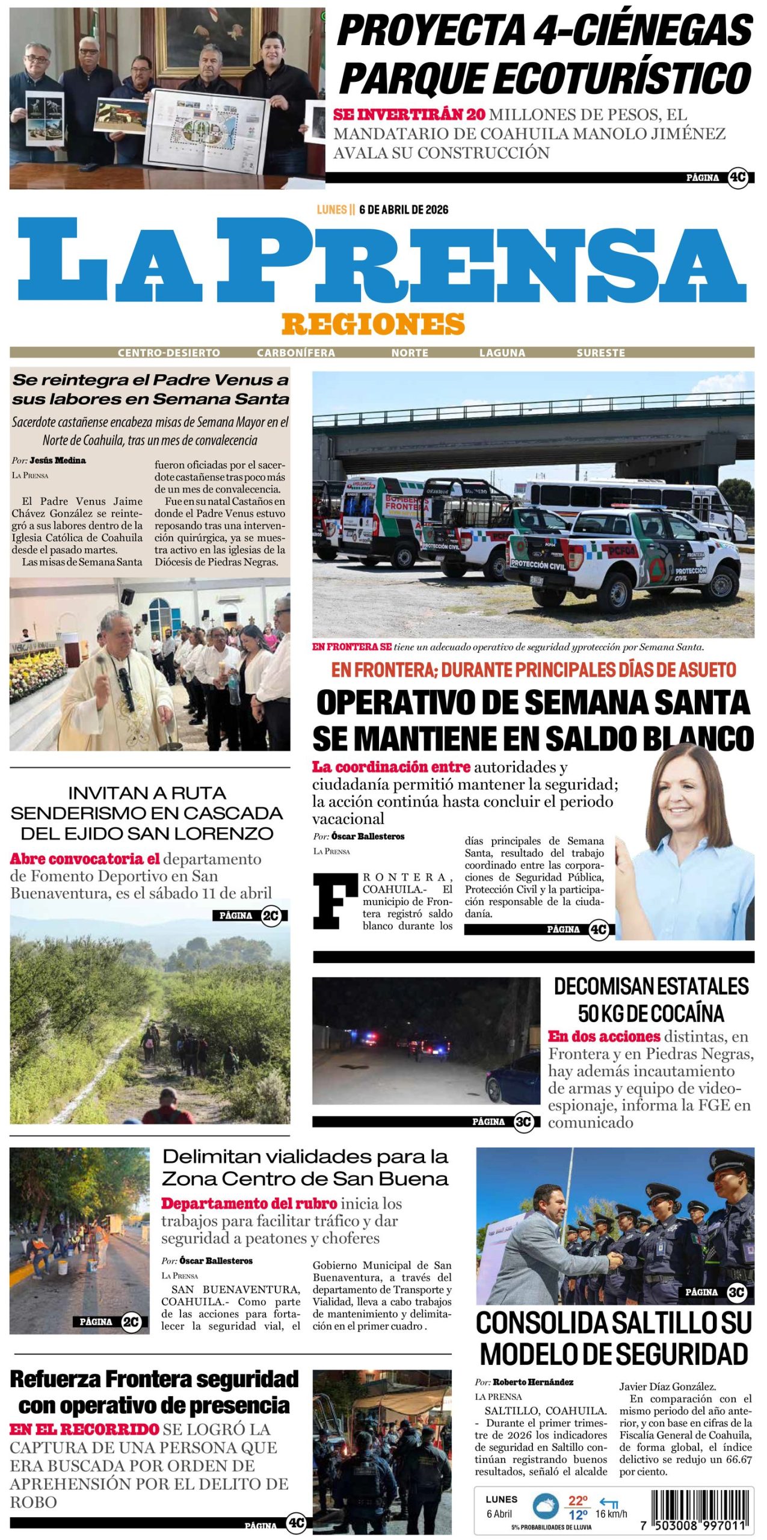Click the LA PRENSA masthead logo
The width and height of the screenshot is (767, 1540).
coord(383,260)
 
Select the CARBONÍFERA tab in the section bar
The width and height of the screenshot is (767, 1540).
coord(295,353)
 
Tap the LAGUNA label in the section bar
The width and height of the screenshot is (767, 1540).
coord(502,353)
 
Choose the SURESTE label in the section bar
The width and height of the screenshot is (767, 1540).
coord(600,353)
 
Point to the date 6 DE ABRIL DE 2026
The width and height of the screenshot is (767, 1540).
coord(403,209)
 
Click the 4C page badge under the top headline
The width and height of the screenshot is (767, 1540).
coord(737,177)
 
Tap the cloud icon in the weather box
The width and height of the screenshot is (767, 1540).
coord(546,1506)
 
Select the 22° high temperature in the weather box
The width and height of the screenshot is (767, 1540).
coord(578,1500)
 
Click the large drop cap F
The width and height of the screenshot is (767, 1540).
coord(335,901)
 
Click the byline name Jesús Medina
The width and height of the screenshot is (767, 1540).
coord(58,460)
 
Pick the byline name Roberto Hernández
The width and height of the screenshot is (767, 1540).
coord(533,1382)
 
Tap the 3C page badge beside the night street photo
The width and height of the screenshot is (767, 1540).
coord(523,1121)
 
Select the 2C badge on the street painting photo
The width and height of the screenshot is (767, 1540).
coord(131,1322)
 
